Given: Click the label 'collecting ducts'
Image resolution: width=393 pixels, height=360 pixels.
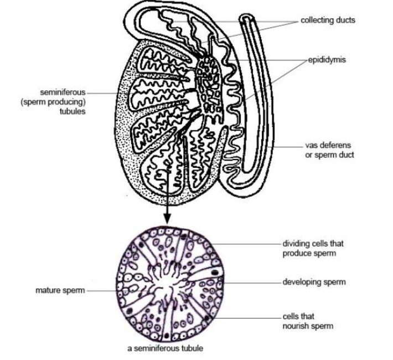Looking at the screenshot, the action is (x=328, y=20).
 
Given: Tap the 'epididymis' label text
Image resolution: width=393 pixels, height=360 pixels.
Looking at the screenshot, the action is (x=327, y=60).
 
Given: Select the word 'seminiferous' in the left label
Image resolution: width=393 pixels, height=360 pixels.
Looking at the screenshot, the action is (x=63, y=92).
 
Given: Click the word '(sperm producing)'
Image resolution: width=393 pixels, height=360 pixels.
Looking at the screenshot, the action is (x=53, y=102).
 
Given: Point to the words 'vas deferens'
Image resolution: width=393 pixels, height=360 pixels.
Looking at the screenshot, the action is (x=328, y=145).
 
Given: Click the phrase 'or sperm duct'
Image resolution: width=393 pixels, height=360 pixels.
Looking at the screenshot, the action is (x=329, y=155).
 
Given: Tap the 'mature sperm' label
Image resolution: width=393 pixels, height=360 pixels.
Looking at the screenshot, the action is (x=60, y=291).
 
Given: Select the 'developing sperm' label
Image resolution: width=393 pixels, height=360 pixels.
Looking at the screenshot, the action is (x=314, y=282).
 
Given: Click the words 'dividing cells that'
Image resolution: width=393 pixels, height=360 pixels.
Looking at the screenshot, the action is (x=313, y=244).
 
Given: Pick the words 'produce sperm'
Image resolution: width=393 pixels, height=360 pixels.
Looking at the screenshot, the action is (x=309, y=253).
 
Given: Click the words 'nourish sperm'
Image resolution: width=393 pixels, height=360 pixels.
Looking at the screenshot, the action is (x=308, y=326).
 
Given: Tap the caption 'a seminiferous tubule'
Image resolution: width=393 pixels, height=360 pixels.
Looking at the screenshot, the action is (x=166, y=348).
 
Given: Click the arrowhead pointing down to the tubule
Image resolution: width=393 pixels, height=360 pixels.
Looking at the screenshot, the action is (x=167, y=218).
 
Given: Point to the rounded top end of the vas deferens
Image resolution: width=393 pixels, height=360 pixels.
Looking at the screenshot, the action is (x=247, y=18).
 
